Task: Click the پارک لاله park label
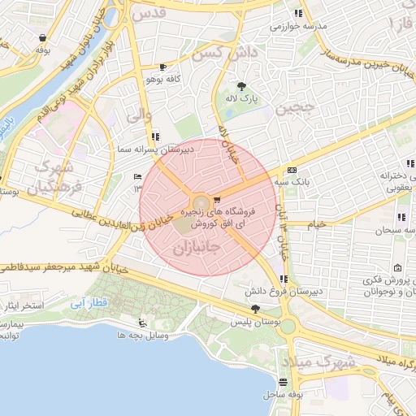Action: coord(241,98)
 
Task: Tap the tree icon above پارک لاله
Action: coord(241,86)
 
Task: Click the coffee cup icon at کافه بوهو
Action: coord(163,67)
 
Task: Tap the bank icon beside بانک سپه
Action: coord(292,170)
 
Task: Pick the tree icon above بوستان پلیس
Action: coord(256,309)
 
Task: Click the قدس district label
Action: coord(154,13)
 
